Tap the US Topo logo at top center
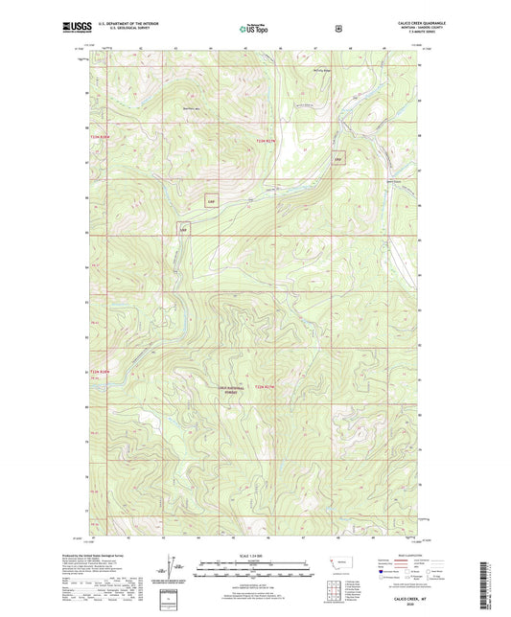253,30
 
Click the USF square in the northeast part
337,160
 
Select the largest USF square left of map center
211,201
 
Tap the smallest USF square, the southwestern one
183,229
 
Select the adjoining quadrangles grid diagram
339,586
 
